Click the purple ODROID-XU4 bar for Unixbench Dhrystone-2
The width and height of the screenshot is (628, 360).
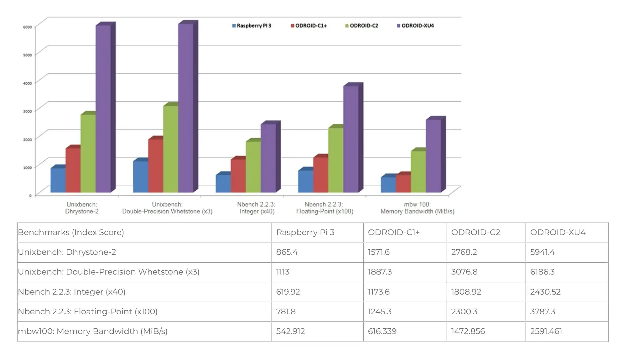click(x=103, y=108)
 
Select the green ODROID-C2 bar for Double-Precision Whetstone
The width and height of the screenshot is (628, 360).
click(x=171, y=149)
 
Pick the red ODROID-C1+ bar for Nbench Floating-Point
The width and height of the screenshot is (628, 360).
click(x=321, y=174)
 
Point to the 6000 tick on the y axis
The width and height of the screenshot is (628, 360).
click(x=28, y=27)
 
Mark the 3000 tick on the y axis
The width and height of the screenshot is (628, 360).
click(x=28, y=111)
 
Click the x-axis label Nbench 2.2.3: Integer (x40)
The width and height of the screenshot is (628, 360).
click(x=257, y=208)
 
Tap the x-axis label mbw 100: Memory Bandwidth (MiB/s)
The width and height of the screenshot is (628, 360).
click(x=417, y=208)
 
